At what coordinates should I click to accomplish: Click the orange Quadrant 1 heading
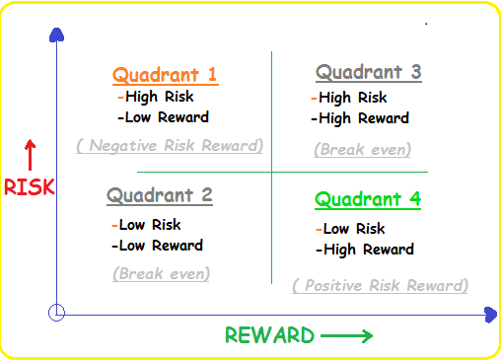(x=165, y=75)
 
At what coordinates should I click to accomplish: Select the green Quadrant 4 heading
(x=368, y=199)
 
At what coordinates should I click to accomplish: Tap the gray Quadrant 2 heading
(x=159, y=195)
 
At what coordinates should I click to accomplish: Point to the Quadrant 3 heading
(x=369, y=72)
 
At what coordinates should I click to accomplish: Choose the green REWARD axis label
(x=269, y=335)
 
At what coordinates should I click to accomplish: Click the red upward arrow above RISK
(x=30, y=156)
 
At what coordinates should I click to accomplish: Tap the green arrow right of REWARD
(x=347, y=336)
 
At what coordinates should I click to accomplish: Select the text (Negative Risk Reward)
(x=170, y=146)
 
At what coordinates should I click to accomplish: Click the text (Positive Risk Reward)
(x=380, y=286)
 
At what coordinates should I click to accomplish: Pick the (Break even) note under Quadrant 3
(x=362, y=150)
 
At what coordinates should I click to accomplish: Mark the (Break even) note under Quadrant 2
(x=158, y=273)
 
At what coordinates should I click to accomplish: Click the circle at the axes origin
(x=57, y=313)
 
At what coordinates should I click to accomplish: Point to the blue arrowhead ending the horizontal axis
(x=490, y=315)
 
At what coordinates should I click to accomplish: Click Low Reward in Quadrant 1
(x=163, y=117)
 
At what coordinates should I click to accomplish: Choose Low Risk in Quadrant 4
(x=352, y=229)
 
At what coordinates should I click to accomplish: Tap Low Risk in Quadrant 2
(x=149, y=225)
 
